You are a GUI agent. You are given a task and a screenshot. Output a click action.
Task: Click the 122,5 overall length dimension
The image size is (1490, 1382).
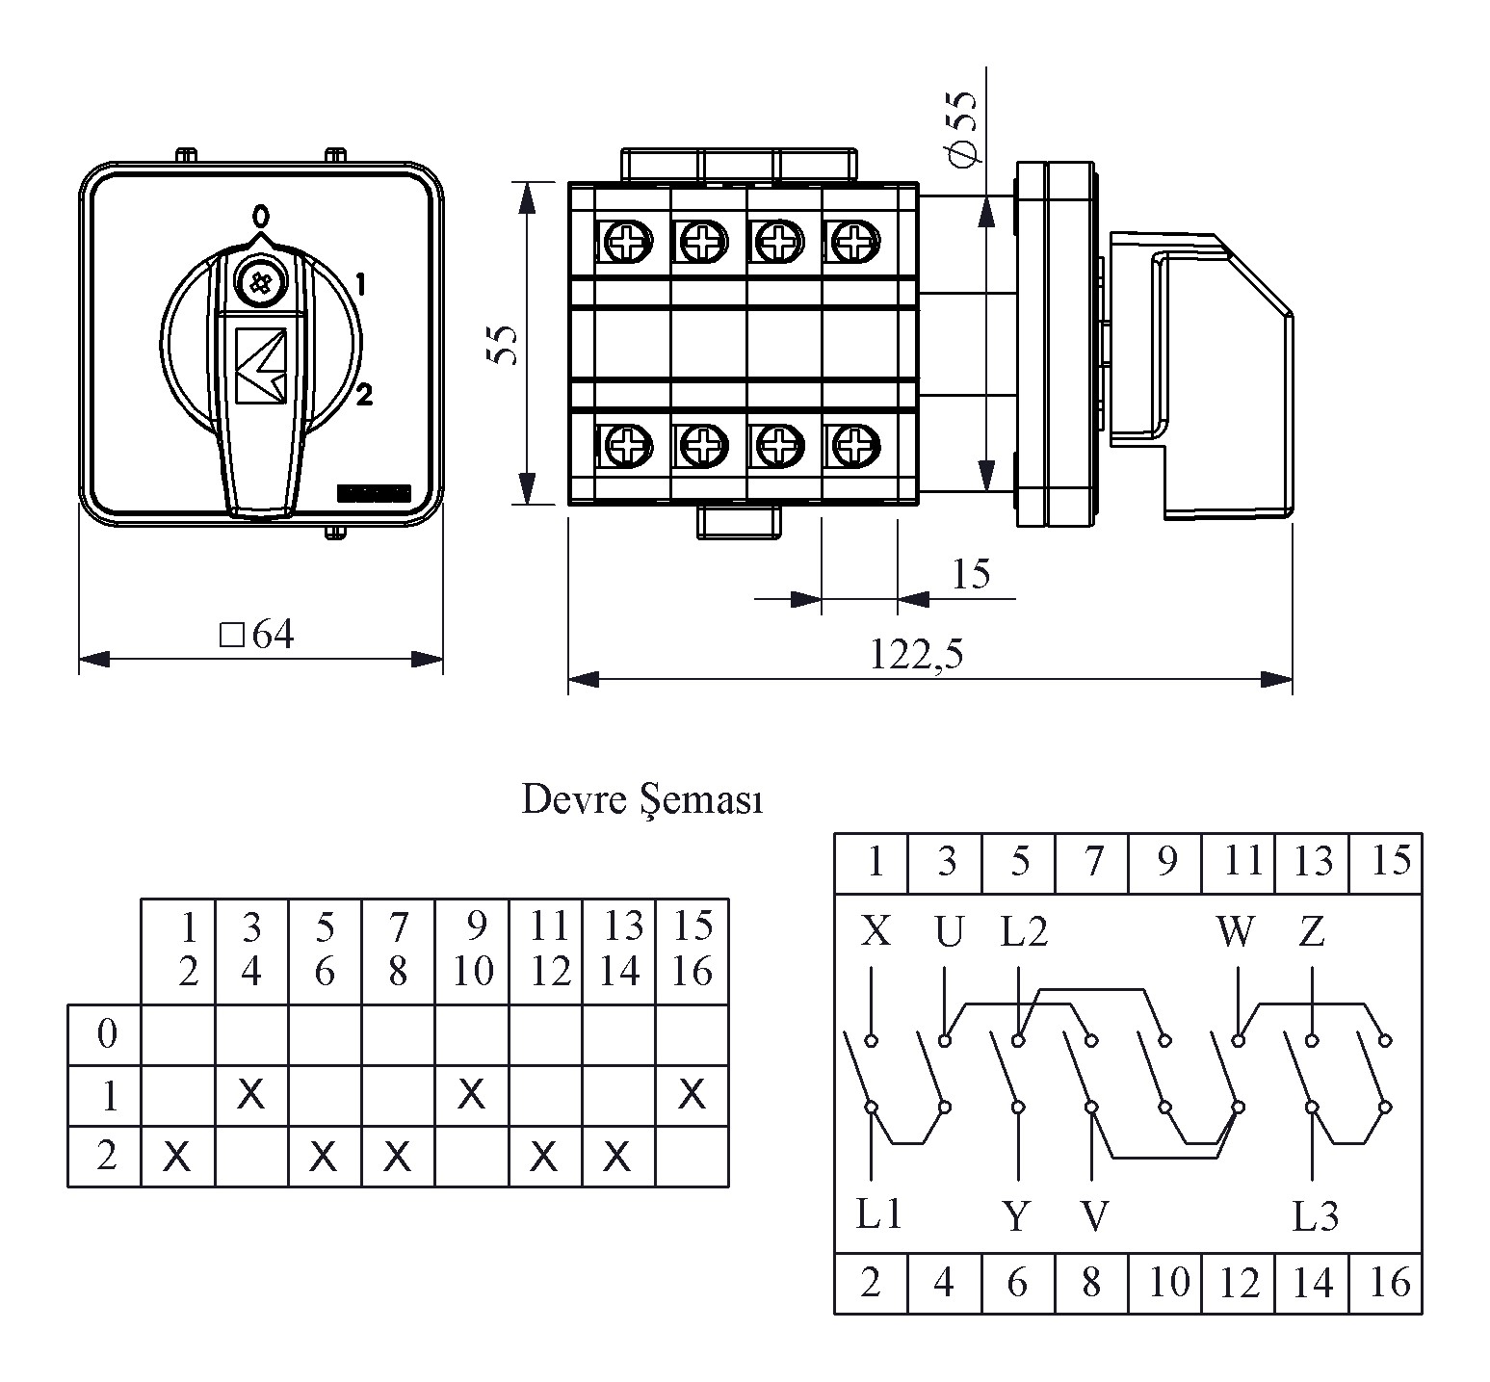pyautogui.click(x=916, y=655)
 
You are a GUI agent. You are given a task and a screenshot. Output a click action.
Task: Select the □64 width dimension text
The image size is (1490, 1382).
pyautogui.click(x=256, y=635)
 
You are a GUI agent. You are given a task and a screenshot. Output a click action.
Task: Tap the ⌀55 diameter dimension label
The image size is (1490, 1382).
pyautogui.click(x=961, y=128)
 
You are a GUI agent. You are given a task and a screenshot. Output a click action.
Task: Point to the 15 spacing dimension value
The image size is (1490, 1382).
pyautogui.click(x=970, y=574)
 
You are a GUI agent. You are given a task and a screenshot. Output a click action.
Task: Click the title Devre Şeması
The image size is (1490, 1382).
pyautogui.click(x=642, y=799)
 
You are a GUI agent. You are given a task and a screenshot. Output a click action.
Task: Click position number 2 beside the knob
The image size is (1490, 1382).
pyautogui.click(x=364, y=393)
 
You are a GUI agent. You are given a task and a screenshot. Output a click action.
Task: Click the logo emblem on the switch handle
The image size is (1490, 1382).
pyautogui.click(x=261, y=365)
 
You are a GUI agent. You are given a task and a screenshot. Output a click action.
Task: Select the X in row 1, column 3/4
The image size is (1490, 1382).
pyautogui.click(x=250, y=1093)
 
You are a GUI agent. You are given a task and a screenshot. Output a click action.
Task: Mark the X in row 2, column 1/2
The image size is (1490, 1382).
pyautogui.click(x=176, y=1155)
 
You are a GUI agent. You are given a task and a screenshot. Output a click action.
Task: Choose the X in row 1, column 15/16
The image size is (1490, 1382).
pyautogui.click(x=692, y=1093)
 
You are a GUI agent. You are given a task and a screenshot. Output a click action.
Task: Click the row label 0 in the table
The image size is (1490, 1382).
pyautogui.click(x=107, y=1033)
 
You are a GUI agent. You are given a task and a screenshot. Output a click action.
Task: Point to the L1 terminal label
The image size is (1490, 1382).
pyautogui.click(x=878, y=1214)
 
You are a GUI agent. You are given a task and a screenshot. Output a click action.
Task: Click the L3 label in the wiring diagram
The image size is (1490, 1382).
pyautogui.click(x=1316, y=1217)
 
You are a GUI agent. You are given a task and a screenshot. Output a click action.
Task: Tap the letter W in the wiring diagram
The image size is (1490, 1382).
pyautogui.click(x=1235, y=931)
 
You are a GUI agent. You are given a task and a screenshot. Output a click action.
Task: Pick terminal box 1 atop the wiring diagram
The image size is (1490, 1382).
pyautogui.click(x=872, y=863)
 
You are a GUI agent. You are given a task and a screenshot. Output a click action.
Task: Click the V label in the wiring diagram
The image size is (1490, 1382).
pyautogui.click(x=1095, y=1217)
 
